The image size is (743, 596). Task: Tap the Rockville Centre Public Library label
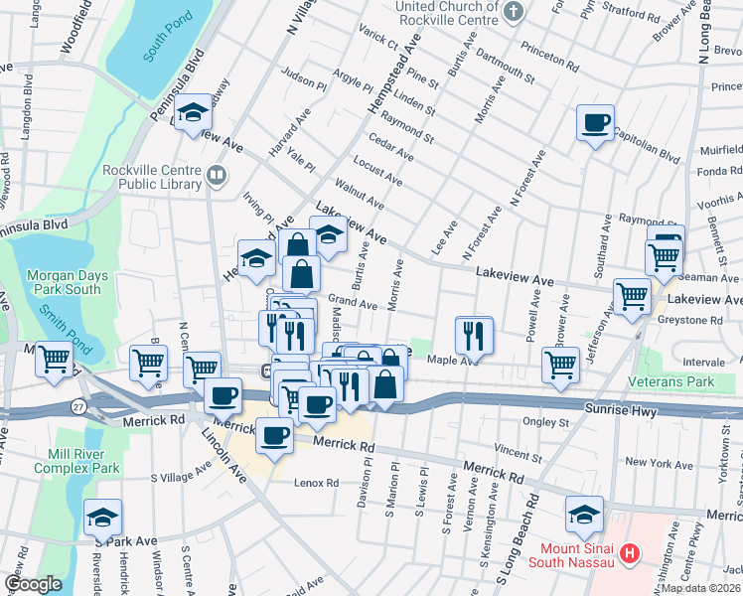tap(151, 176)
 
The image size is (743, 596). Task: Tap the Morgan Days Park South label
tap(64, 282)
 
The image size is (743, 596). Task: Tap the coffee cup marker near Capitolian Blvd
tap(595, 122)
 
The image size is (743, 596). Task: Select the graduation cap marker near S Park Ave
tap(102, 518)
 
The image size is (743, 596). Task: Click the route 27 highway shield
tap(77, 405)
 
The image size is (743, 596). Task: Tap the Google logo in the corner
tap(34, 584)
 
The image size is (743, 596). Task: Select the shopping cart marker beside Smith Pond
tap(54, 360)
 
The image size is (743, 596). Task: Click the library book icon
tap(216, 177)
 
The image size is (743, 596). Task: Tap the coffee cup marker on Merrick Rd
tap(274, 434)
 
